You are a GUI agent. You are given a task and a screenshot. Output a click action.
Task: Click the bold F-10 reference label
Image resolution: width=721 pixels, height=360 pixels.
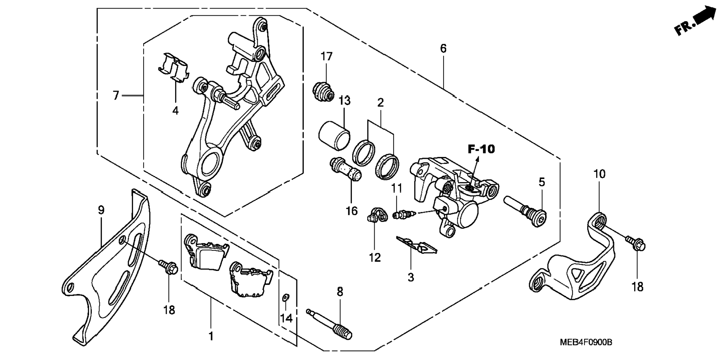pos(481,149)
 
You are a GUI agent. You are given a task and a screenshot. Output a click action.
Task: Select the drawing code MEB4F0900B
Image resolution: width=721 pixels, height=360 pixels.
pos(586,342)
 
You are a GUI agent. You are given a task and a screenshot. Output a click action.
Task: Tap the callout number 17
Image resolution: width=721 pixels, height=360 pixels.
pos(326,57)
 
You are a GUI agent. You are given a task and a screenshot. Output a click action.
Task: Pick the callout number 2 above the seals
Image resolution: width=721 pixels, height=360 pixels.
pos(380,103)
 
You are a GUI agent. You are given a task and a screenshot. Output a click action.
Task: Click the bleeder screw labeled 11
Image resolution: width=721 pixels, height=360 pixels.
pos(403,215)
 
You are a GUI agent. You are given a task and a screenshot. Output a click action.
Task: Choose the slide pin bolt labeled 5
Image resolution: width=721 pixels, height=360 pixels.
pos(525,212)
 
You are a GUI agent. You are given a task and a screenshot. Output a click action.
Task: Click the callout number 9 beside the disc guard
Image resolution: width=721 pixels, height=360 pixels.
pos(101,210)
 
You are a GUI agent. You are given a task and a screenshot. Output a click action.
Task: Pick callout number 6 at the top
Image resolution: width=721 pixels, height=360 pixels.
pos(443,48)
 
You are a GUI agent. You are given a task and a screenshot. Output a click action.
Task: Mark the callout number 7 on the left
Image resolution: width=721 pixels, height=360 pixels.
pos(116,96)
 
